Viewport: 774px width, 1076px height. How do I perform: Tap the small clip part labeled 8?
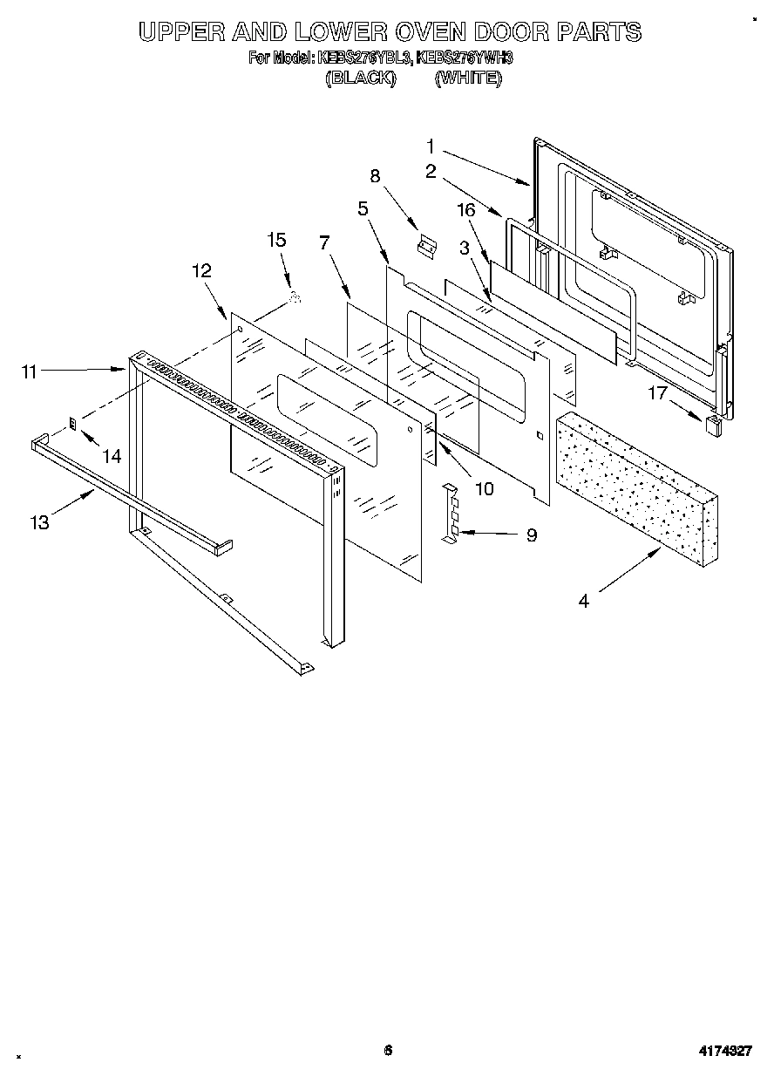click(x=426, y=248)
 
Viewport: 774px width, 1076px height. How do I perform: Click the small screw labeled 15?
click(x=295, y=298)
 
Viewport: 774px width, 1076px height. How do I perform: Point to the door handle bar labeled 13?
click(x=131, y=492)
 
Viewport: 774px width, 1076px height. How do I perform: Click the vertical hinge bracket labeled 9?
click(x=451, y=514)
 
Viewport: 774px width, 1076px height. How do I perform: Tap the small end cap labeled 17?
click(x=712, y=425)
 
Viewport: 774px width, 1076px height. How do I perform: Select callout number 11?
click(x=30, y=371)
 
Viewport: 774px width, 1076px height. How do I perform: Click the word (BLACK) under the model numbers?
click(x=360, y=78)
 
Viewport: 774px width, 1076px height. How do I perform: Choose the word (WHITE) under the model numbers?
click(x=468, y=78)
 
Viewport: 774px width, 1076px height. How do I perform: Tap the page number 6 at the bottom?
click(x=388, y=1050)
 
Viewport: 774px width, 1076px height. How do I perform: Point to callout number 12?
click(x=201, y=270)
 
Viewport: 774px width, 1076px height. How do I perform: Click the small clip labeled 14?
click(x=74, y=424)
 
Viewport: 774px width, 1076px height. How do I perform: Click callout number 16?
click(x=466, y=209)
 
